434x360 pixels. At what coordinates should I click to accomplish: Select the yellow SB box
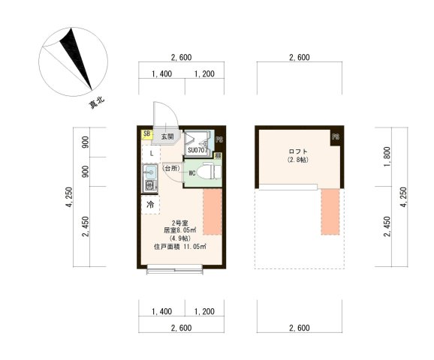(x=146, y=135)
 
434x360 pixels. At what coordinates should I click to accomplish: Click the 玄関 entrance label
(x=166, y=137)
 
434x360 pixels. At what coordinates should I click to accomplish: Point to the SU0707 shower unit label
(x=197, y=150)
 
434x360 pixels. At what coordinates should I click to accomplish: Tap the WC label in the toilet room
(x=192, y=173)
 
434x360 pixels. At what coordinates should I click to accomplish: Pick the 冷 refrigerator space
(x=150, y=204)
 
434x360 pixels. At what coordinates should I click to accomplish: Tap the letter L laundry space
(x=151, y=153)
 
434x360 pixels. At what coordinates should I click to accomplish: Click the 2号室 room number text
(x=180, y=223)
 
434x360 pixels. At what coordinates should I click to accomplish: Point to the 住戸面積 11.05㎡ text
(x=179, y=246)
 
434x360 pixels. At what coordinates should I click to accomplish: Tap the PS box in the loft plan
(x=336, y=137)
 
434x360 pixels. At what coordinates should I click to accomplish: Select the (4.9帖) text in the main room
(x=179, y=238)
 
